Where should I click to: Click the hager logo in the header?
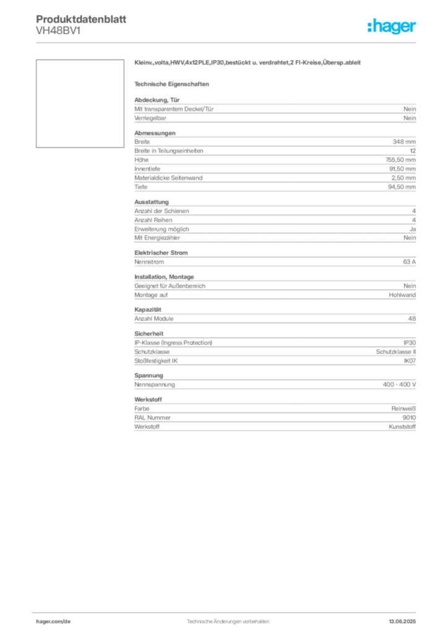point(392,26)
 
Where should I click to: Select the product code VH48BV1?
point(58,31)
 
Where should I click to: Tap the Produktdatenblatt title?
point(81,19)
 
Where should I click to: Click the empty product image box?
point(80,103)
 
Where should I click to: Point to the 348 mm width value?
point(404,142)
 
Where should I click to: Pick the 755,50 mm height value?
point(400,160)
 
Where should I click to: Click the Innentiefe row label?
point(147,168)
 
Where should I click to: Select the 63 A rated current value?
point(409,262)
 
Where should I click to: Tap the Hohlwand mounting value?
point(402,295)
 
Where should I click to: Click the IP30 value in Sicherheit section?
point(410,343)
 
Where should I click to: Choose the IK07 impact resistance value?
point(410,361)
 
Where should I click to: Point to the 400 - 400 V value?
point(399,384)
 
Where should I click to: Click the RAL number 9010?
point(409,418)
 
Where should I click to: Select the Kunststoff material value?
point(402,427)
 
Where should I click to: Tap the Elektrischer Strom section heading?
point(161,253)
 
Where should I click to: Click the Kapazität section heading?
point(147,310)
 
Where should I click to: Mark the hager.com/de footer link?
point(53,622)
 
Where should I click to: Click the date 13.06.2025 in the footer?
point(402,622)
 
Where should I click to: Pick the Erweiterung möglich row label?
point(162,229)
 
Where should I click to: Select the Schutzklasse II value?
point(396,352)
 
